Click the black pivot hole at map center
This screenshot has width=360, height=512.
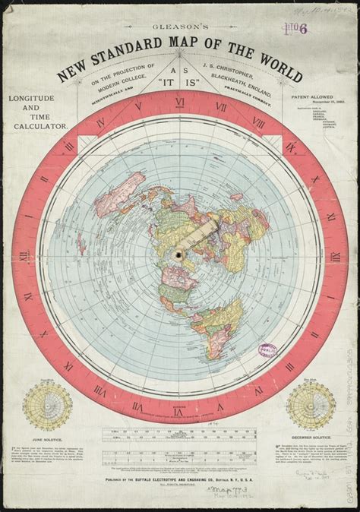tap(179, 254)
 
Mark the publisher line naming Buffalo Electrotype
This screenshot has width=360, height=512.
tap(180, 482)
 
